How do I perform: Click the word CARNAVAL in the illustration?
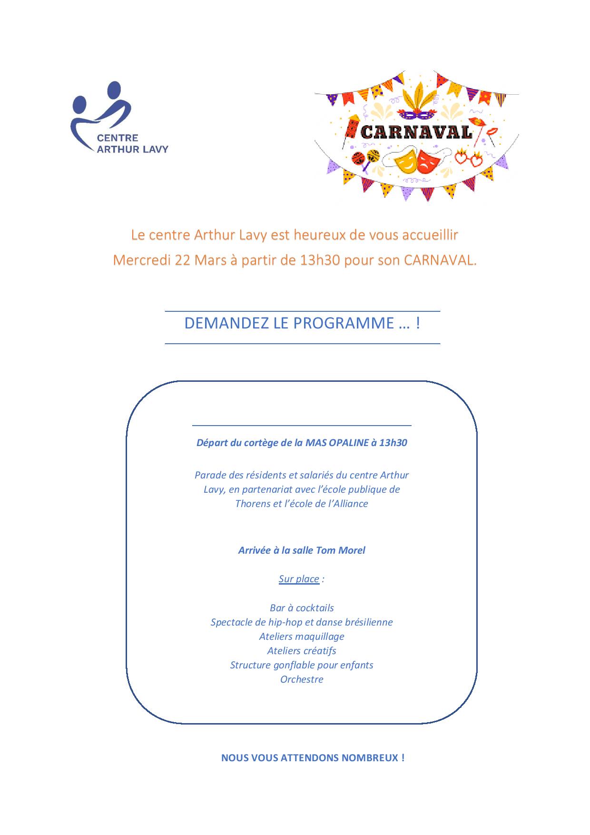pos(416,132)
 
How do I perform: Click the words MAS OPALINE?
pos(337,443)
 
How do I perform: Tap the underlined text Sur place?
pos(299,579)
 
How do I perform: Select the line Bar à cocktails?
pos(302,608)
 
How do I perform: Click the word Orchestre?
pos(302,679)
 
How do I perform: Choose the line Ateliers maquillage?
pos(302,636)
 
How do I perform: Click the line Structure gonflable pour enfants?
pos(302,665)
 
